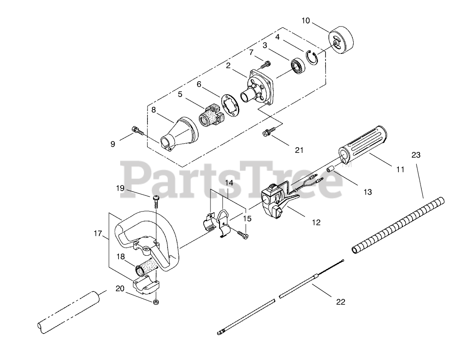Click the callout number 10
(306, 20)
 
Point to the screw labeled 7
(265, 64)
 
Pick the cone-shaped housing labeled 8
(177, 130)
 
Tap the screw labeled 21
(267, 133)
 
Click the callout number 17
(97, 233)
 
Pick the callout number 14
(229, 183)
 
